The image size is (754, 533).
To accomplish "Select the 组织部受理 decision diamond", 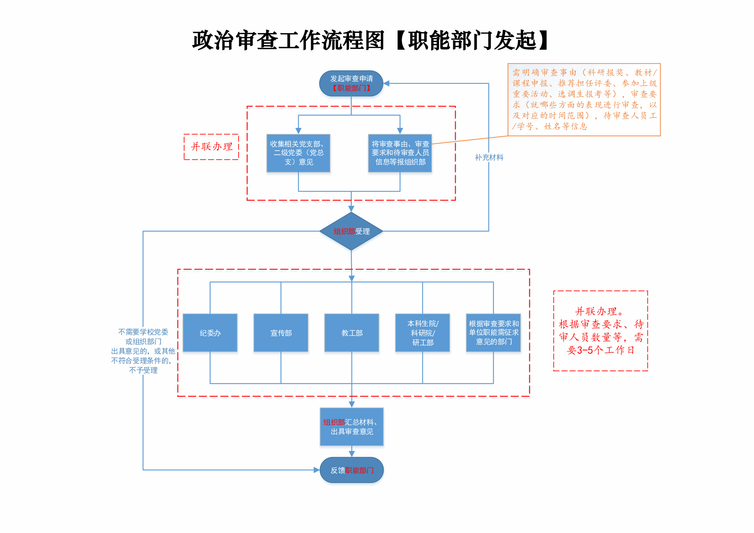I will (x=351, y=231).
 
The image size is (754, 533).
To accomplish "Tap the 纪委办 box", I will (x=210, y=333).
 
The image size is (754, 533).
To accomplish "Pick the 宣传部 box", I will (x=281, y=333).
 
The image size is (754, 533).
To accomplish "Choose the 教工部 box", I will (x=352, y=333).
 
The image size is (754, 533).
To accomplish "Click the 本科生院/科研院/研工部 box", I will (x=423, y=333).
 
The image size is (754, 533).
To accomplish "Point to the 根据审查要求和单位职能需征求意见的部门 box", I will (x=493, y=333).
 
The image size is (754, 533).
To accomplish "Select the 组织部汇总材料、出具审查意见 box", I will (x=352, y=427).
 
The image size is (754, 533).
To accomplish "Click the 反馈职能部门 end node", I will (x=352, y=470).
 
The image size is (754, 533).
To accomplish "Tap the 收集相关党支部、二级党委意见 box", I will (x=298, y=153).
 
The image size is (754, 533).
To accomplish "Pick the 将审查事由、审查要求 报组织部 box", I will (x=400, y=153).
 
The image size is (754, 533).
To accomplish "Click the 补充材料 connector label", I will (x=489, y=158).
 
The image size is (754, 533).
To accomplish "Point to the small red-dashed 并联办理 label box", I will (x=211, y=147).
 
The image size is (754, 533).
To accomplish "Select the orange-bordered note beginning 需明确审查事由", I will (x=584, y=99).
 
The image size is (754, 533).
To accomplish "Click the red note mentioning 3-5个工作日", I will (x=600, y=331).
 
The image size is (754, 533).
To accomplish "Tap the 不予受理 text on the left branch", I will (x=143, y=371).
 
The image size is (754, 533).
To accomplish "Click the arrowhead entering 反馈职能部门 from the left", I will (x=316, y=470).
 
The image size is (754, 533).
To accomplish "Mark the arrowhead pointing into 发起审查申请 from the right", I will (x=387, y=84).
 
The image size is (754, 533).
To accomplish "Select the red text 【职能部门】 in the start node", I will (x=351, y=88).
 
